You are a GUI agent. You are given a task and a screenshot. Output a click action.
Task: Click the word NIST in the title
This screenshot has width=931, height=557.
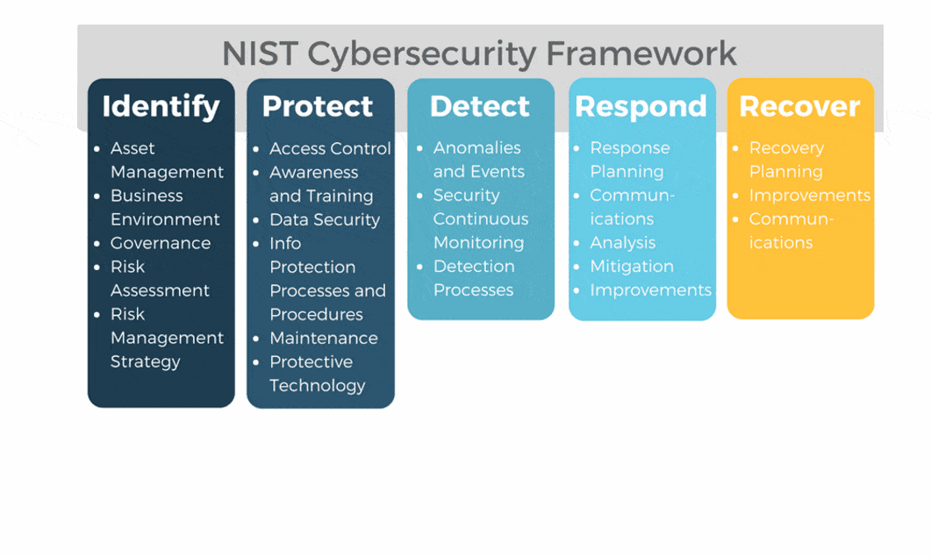point(260,54)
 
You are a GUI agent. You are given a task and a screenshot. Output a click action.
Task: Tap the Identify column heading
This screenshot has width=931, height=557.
point(161,107)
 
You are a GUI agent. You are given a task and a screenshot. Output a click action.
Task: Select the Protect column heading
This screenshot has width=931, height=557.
point(318,106)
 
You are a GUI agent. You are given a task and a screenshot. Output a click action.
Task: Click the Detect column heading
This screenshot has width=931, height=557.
point(480,106)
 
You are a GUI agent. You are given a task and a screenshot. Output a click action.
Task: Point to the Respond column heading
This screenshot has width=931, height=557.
point(641,108)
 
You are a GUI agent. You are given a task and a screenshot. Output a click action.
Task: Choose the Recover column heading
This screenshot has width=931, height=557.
point(799,106)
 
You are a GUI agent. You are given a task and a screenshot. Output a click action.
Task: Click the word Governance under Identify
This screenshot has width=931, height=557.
point(161,243)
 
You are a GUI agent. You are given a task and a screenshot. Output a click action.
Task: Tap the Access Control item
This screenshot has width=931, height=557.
point(330,148)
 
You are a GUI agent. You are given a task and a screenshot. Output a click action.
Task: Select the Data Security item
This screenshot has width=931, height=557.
point(325,219)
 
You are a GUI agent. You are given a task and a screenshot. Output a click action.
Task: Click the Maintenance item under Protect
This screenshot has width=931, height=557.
point(324,338)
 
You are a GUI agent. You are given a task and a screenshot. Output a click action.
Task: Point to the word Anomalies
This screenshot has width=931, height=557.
point(476,148)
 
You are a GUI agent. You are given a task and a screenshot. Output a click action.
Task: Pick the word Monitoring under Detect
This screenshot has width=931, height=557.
point(478,243)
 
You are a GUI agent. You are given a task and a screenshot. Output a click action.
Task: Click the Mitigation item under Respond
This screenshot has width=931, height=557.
point(632,267)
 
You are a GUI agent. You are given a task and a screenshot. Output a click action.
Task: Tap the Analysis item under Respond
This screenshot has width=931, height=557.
point(623,243)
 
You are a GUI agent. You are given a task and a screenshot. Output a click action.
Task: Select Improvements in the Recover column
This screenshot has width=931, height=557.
point(810,196)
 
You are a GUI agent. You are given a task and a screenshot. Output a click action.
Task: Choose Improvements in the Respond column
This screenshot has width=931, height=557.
point(651,290)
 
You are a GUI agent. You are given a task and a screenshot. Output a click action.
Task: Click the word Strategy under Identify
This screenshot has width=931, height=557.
point(146,361)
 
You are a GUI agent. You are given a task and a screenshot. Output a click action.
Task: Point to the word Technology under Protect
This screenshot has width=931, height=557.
point(318,386)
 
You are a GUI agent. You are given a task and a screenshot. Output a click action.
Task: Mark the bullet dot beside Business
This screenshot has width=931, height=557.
point(97,196)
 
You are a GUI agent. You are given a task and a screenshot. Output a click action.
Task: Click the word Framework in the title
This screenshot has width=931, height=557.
point(641,54)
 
